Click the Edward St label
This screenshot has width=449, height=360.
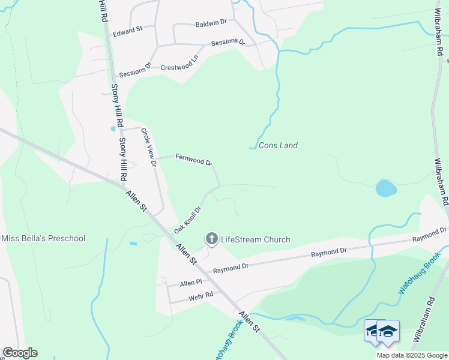click(x=127, y=28)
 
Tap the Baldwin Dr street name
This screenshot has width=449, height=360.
click(x=211, y=22)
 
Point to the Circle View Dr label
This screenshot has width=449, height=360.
click(x=148, y=146)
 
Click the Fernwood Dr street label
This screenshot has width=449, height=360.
click(x=193, y=160)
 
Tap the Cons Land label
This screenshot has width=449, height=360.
click(x=278, y=145)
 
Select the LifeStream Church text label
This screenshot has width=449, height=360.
click(x=256, y=239)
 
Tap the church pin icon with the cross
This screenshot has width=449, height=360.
click(x=211, y=239)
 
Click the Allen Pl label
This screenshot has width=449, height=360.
click(x=191, y=282)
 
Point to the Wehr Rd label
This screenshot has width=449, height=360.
click(x=200, y=295)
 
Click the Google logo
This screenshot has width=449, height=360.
click(x=20, y=353)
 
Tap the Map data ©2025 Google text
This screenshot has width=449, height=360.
click(x=412, y=355)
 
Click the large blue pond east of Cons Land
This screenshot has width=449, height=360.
click(x=386, y=188)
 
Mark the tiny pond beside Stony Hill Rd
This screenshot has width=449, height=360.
click(x=113, y=128)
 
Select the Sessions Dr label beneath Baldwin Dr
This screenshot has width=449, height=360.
click(x=228, y=43)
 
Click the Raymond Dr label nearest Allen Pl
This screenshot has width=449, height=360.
click(x=231, y=267)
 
